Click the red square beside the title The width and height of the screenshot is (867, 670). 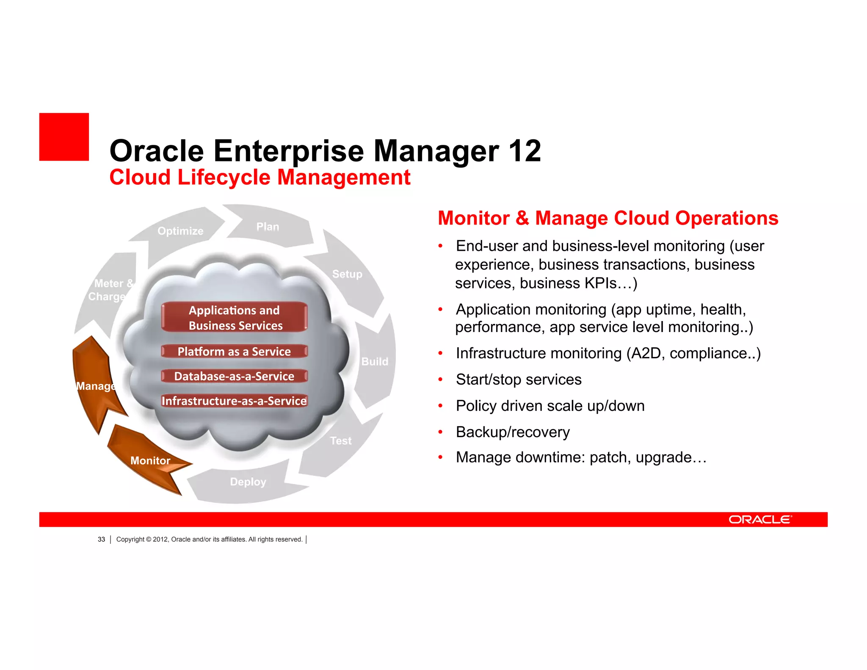(x=64, y=137)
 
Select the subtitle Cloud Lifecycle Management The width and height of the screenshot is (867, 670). (x=260, y=177)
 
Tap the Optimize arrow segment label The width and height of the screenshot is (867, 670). (x=180, y=231)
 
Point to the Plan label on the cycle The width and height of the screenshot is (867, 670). (x=268, y=227)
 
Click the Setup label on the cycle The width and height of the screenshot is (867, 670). (x=347, y=274)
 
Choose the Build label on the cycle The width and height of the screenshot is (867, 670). (x=375, y=361)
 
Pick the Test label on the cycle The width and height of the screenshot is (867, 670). (x=341, y=441)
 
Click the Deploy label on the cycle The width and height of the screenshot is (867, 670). (x=248, y=482)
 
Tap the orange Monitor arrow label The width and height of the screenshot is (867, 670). (x=150, y=461)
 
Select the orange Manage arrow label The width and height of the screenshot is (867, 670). (x=96, y=386)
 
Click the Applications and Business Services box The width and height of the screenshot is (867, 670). (x=234, y=318)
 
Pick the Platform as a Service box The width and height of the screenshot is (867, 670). (x=234, y=352)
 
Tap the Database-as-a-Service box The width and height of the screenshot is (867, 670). (x=234, y=376)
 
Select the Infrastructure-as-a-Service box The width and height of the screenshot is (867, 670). (x=234, y=401)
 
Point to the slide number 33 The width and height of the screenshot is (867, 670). (x=101, y=540)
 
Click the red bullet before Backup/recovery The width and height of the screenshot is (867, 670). (x=440, y=432)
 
